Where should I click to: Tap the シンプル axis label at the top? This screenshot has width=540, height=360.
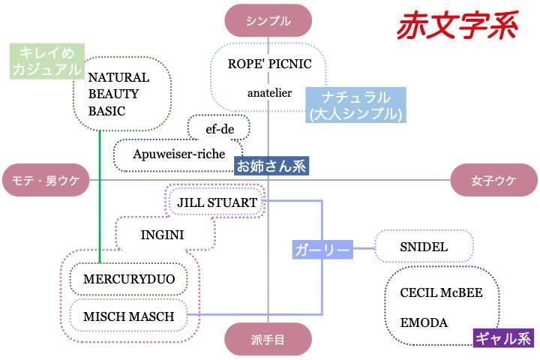tap(268, 20)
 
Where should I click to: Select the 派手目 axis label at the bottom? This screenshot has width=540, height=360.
tap(268, 340)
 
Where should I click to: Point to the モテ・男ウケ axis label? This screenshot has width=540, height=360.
tap(45, 180)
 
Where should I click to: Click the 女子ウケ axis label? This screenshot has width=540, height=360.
tap(494, 180)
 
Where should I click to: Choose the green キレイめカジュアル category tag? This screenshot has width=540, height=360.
tap(46, 61)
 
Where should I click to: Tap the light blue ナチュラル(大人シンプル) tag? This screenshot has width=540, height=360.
tap(355, 106)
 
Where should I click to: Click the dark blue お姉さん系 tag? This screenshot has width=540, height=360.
tap(271, 166)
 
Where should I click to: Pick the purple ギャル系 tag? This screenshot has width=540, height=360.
tap(502, 338)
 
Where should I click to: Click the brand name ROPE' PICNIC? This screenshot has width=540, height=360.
tap(269, 64)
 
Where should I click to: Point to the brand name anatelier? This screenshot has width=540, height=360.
tap(269, 93)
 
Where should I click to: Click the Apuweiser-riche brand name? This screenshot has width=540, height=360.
tap(178, 154)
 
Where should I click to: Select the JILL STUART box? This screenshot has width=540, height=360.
tap(217, 202)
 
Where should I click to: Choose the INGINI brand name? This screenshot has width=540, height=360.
tap(162, 235)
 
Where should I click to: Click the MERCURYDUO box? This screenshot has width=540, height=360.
tap(129, 279)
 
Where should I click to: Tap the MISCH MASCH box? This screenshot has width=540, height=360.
tap(128, 316)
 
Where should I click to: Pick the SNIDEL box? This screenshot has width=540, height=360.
tap(424, 247)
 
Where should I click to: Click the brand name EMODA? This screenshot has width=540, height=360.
tap(424, 322)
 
